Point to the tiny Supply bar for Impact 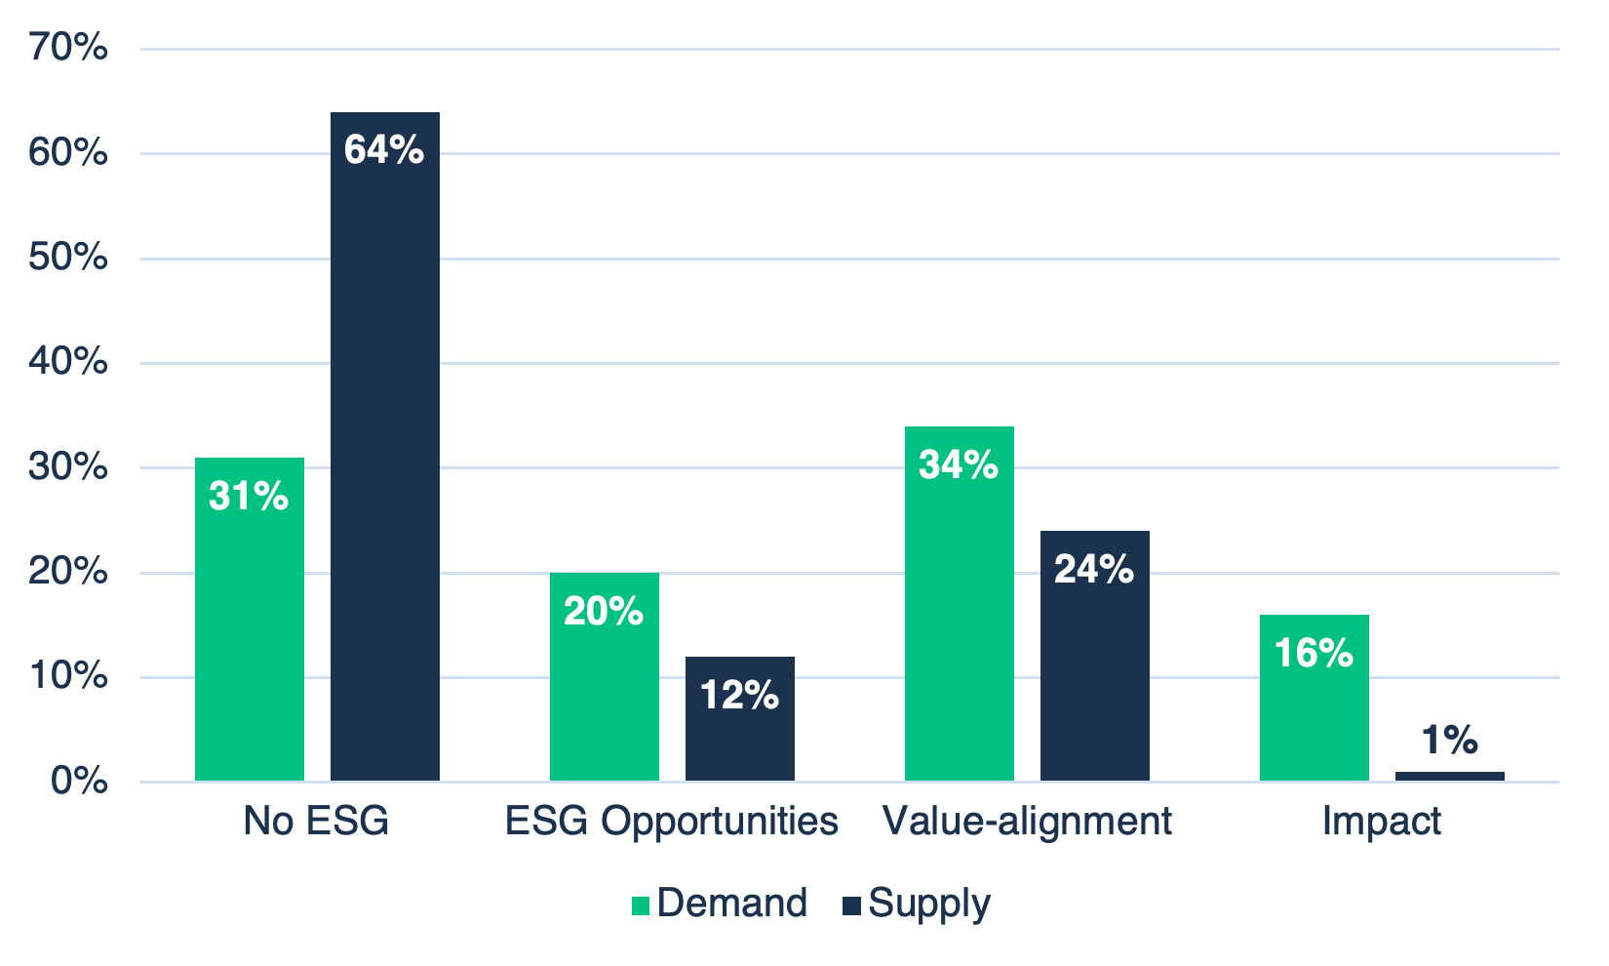click(1449, 777)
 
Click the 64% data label click(384, 150)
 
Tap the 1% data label click(1449, 741)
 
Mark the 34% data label click(959, 464)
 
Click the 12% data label click(739, 696)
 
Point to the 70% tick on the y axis click(68, 47)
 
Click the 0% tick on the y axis click(79, 781)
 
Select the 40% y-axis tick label click(68, 362)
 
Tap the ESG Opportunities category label click(671, 822)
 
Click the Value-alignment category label click(1026, 822)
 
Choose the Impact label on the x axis click(1381, 822)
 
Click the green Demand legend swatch click(641, 906)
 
